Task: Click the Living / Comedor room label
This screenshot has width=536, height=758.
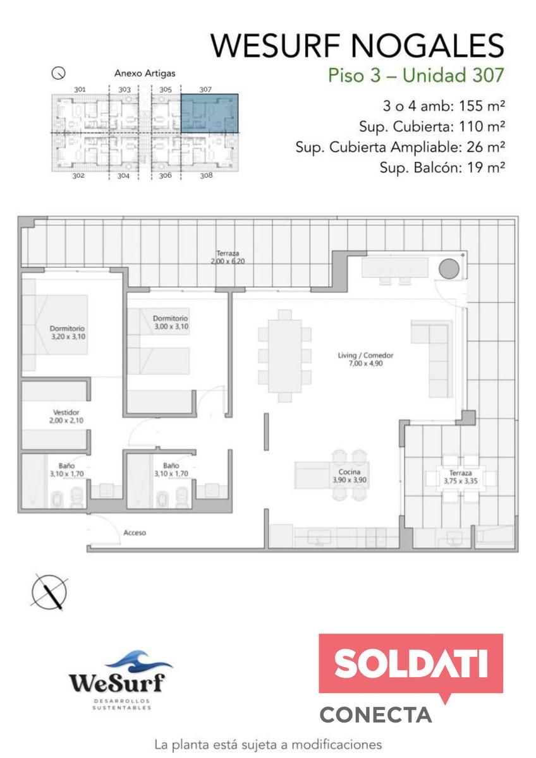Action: pyautogui.click(x=365, y=359)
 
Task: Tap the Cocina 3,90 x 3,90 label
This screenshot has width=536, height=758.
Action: pyautogui.click(x=349, y=476)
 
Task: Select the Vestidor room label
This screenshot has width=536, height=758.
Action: pyautogui.click(x=66, y=416)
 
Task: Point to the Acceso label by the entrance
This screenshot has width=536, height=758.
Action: pyautogui.click(x=135, y=532)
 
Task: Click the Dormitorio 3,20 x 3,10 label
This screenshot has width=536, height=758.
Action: pyautogui.click(x=68, y=332)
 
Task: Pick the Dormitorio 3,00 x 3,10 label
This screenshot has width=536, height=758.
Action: pyautogui.click(x=171, y=322)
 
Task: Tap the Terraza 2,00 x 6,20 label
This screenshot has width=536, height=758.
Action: pyautogui.click(x=228, y=257)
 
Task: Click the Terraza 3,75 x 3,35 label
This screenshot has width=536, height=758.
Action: pyautogui.click(x=460, y=477)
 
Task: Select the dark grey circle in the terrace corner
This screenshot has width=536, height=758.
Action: pyautogui.click(x=449, y=268)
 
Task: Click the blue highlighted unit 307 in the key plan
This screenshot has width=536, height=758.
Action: pyautogui.click(x=210, y=113)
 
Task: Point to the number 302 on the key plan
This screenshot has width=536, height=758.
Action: pyautogui.click(x=78, y=176)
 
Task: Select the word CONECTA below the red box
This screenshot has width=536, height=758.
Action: pyautogui.click(x=375, y=714)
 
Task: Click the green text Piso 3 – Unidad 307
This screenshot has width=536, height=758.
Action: pyautogui.click(x=416, y=75)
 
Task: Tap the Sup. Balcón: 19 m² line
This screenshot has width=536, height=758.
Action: pyautogui.click(x=442, y=167)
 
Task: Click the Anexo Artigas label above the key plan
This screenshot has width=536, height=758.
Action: pyautogui.click(x=145, y=73)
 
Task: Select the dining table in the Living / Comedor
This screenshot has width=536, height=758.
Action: pyautogui.click(x=284, y=356)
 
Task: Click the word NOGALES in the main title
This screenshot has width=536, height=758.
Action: pyautogui.click(x=428, y=45)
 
